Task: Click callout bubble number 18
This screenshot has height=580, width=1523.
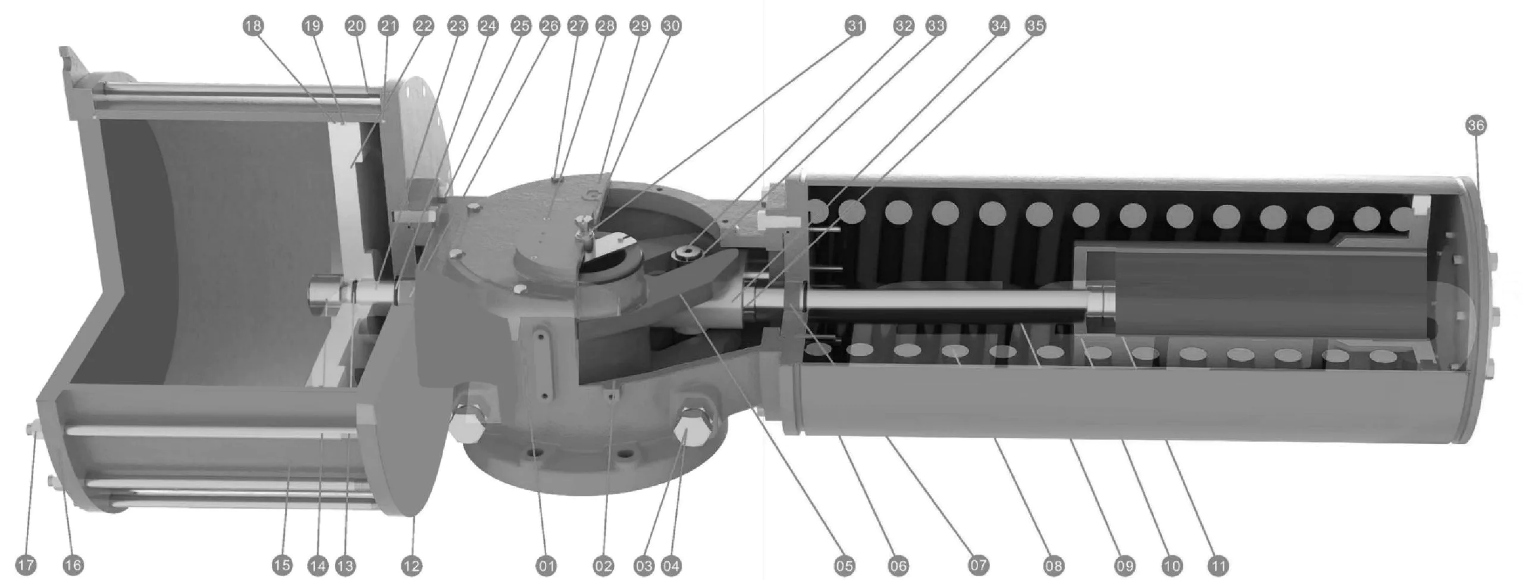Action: click(x=253, y=26)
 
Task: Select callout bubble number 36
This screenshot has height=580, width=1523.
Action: click(x=1476, y=126)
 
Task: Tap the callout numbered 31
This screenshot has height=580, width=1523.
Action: click(x=855, y=26)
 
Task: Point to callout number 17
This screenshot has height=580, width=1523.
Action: click(x=26, y=565)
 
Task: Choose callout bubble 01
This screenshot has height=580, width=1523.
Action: click(x=546, y=565)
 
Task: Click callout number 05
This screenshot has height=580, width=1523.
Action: click(x=844, y=565)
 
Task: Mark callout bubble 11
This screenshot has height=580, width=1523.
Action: click(x=1218, y=565)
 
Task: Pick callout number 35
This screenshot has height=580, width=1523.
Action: click(x=1035, y=26)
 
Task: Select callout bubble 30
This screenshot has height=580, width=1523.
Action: click(x=671, y=26)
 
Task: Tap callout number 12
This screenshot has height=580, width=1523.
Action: click(x=411, y=565)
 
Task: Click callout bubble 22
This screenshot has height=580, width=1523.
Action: click(x=424, y=26)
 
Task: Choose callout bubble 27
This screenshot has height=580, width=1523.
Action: click(x=578, y=26)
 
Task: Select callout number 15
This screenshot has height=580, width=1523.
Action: click(x=283, y=565)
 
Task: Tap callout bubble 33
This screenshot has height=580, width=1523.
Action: click(x=935, y=26)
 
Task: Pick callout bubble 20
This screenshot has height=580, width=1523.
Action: click(x=355, y=26)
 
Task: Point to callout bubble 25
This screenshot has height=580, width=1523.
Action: click(x=521, y=26)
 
